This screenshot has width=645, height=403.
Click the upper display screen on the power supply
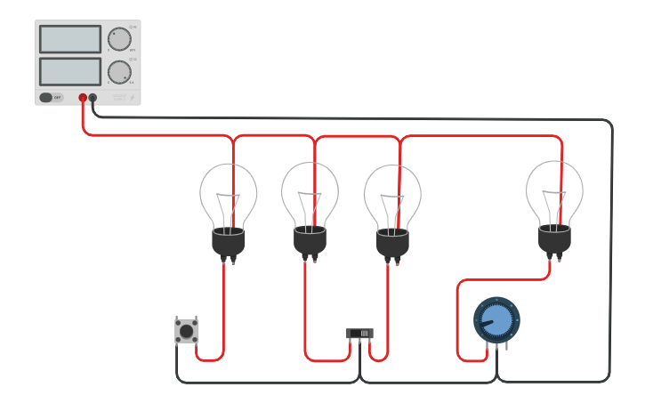[70, 39]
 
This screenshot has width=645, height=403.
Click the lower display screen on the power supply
[70, 72]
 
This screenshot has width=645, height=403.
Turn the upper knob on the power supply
[119, 39]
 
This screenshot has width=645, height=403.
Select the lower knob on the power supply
[119, 72]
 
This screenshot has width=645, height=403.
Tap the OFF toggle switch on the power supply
[52, 97]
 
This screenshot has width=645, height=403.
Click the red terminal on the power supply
[83, 98]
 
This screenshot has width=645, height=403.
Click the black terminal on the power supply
[93, 98]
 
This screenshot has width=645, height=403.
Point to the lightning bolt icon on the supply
[133, 98]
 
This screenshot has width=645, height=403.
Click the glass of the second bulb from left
[310, 192]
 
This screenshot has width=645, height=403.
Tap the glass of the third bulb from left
[392, 194]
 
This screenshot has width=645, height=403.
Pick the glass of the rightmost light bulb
[554, 189]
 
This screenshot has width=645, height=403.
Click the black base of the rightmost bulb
[554, 238]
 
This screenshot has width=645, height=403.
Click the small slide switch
[359, 334]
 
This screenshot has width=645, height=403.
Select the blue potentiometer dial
[496, 319]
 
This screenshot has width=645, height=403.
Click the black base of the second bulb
[310, 241]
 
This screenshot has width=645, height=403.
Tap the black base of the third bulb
[392, 243]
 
